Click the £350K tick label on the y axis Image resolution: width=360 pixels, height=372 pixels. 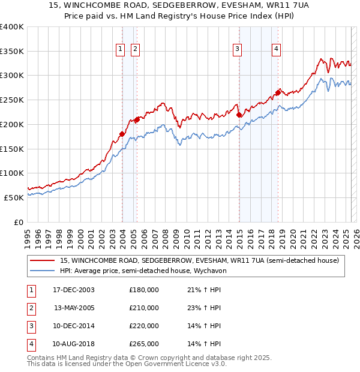(x=12, y=51)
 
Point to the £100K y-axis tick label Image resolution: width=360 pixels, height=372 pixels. (x=12, y=173)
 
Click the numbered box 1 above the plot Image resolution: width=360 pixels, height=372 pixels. (x=121, y=49)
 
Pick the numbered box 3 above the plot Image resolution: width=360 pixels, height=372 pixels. (x=238, y=49)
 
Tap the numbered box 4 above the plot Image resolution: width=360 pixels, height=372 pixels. (x=277, y=49)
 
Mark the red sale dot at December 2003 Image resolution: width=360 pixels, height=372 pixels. (x=122, y=134)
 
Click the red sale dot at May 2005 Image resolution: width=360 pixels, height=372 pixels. (x=137, y=119)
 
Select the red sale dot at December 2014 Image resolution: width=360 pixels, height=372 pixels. (x=239, y=115)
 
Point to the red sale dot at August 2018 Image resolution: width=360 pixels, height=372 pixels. (x=278, y=92)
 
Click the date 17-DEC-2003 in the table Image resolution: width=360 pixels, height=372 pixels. (x=74, y=290)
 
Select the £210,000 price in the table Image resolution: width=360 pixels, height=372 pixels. (x=144, y=308)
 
